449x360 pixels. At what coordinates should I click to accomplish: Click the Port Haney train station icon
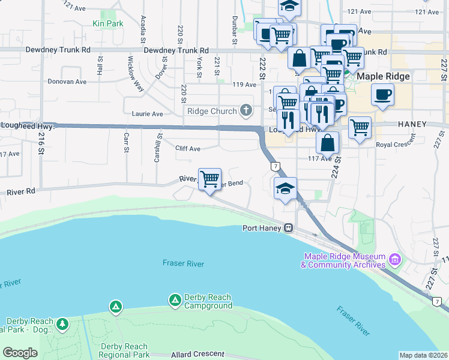coord(289,228)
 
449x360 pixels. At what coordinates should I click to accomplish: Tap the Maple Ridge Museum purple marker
coord(395,260)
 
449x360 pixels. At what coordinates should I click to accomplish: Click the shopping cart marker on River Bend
coord(209,179)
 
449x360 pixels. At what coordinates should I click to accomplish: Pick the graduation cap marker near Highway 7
coord(285,188)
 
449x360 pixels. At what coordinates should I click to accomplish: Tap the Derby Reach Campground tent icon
coord(175,299)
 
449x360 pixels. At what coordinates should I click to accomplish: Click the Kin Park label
coord(107,23)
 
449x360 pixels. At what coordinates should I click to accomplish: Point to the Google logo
coord(20,353)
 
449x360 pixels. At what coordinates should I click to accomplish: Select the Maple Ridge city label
coord(383,77)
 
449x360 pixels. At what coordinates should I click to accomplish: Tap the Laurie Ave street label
coord(147,113)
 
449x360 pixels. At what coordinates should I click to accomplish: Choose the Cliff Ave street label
coord(188,148)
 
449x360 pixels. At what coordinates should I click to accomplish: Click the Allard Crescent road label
coord(193,355)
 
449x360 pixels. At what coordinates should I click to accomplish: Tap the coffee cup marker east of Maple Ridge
coord(382,95)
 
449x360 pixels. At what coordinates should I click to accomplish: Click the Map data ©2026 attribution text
coord(423,355)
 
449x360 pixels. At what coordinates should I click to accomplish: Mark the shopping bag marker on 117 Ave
coord(327,143)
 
